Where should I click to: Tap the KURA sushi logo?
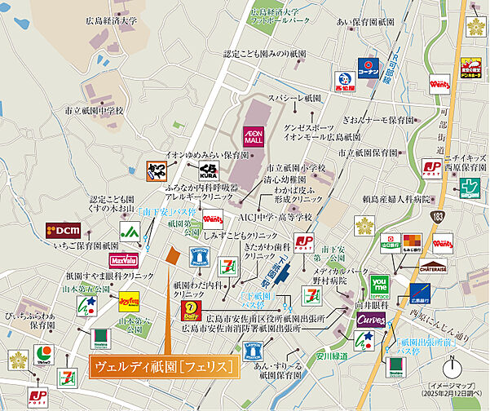click(208, 172)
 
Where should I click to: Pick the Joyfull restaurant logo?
click(130, 300)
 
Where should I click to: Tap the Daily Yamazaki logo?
click(190, 311)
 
